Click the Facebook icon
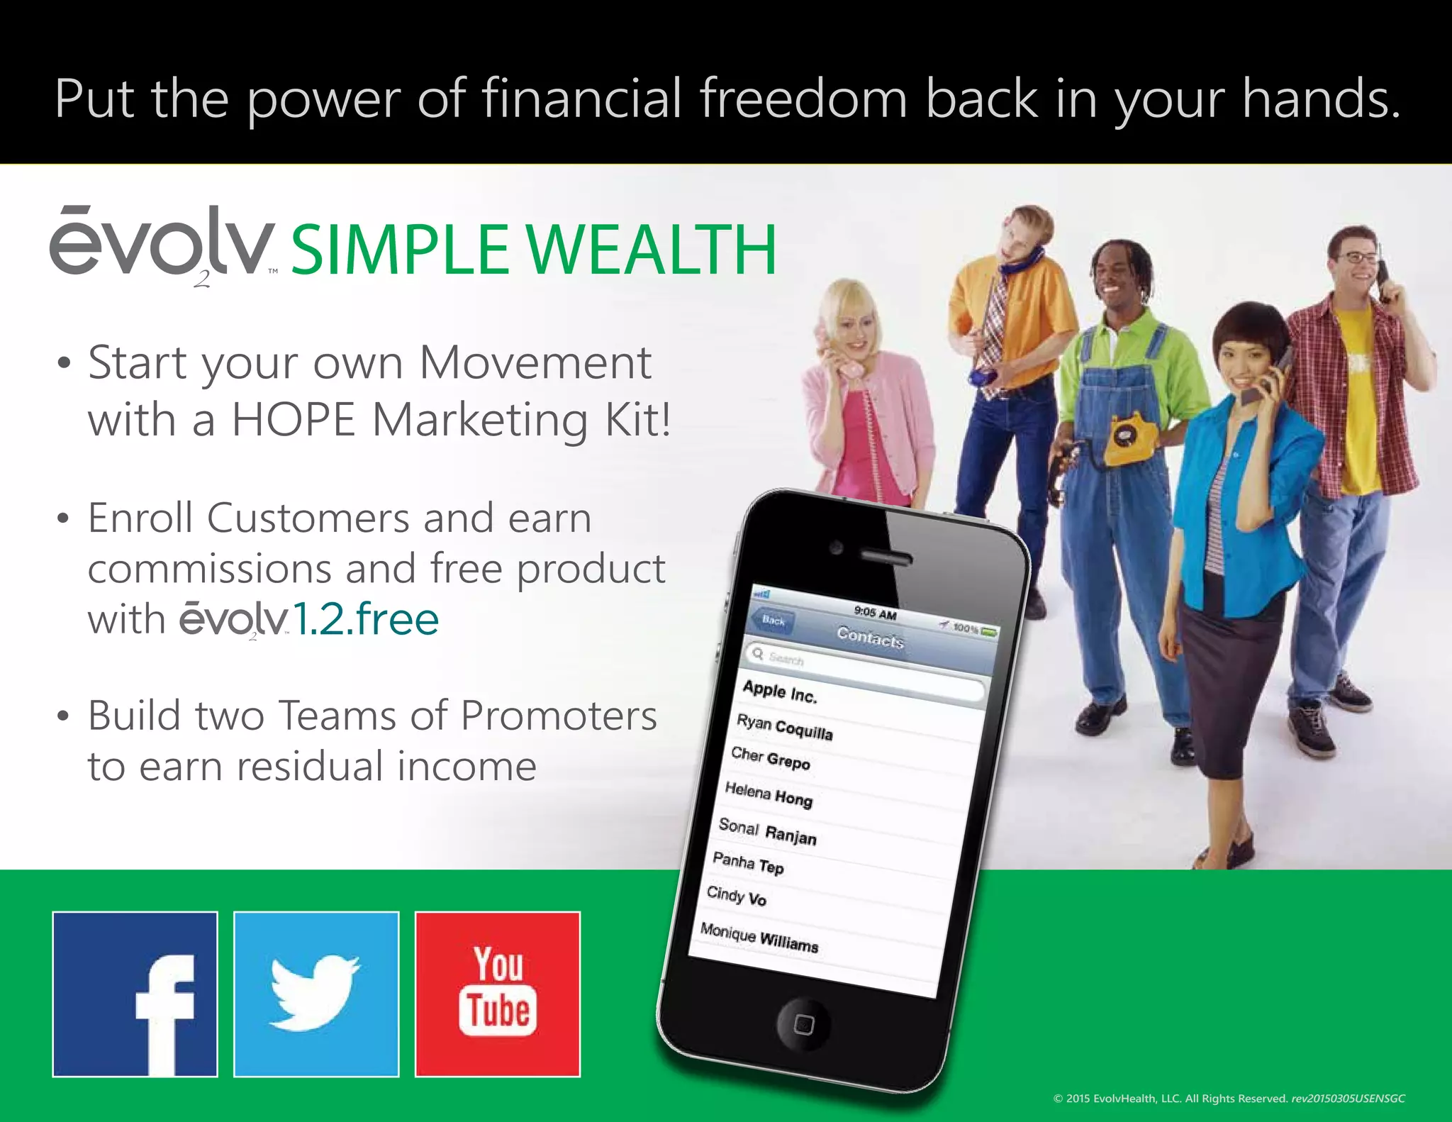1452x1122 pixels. click(x=135, y=994)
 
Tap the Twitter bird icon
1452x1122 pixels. click(x=316, y=994)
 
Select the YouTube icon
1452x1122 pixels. click(x=498, y=994)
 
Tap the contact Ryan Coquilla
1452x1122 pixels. click(x=784, y=727)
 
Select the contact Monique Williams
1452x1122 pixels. click(x=759, y=937)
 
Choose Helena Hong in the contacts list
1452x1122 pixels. click(x=769, y=794)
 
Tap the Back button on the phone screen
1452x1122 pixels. click(x=773, y=621)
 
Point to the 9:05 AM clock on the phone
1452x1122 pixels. click(x=875, y=613)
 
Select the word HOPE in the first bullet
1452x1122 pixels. click(x=294, y=420)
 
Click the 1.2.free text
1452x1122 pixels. click(x=366, y=619)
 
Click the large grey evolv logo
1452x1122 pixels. click(x=162, y=245)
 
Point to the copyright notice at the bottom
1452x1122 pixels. click(x=1228, y=1099)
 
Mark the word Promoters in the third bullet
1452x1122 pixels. click(x=559, y=715)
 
